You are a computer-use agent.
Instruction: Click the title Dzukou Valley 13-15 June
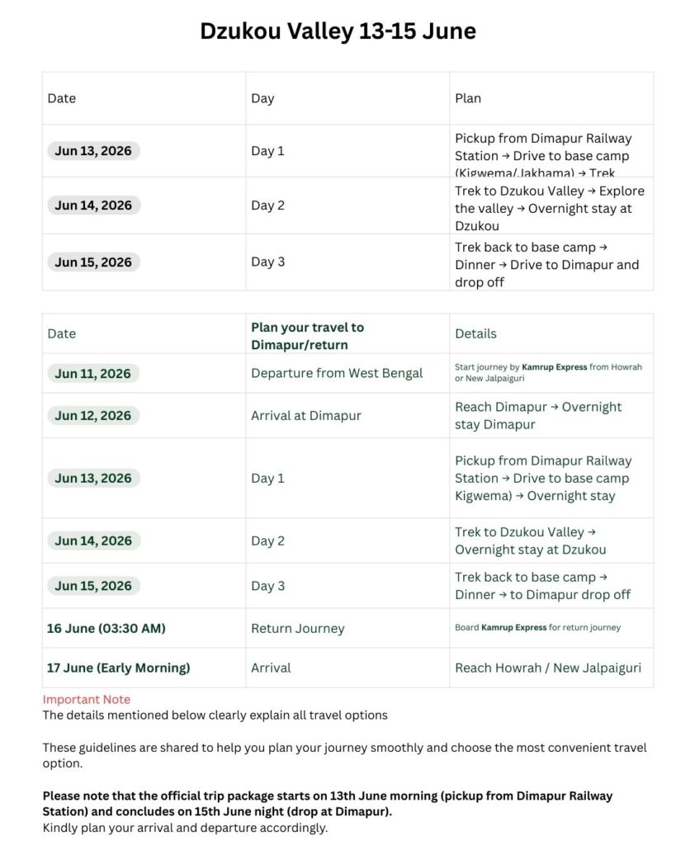(x=338, y=31)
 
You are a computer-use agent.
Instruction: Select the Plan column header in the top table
(x=468, y=98)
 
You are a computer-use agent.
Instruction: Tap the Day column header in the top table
(x=262, y=98)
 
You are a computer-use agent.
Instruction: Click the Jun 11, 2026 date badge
(x=92, y=373)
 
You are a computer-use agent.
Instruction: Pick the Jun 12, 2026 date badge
(x=92, y=415)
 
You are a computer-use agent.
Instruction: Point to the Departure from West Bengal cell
(x=337, y=373)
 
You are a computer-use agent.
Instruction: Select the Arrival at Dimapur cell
(x=306, y=415)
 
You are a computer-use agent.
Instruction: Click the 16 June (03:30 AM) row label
(x=106, y=628)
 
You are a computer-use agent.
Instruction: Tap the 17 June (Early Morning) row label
(x=118, y=668)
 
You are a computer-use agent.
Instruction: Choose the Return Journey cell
(x=298, y=628)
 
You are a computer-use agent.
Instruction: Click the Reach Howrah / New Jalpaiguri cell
(x=548, y=668)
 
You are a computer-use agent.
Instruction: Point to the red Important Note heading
(x=87, y=699)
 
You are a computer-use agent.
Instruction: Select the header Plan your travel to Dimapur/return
(x=307, y=335)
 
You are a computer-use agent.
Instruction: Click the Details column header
(x=475, y=333)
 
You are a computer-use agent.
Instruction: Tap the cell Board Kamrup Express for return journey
(x=537, y=628)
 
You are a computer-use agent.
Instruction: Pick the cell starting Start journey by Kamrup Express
(x=548, y=372)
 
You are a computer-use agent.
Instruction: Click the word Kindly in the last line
(x=62, y=827)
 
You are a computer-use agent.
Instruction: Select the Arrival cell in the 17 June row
(x=271, y=668)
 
